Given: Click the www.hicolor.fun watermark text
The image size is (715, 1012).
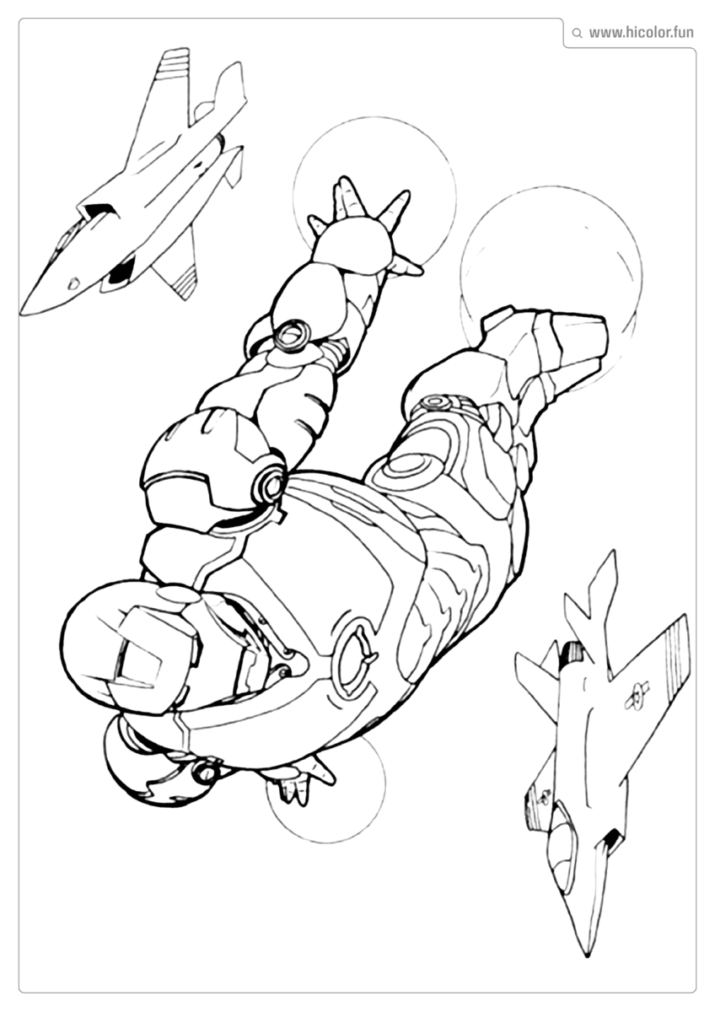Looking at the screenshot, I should tap(641, 33).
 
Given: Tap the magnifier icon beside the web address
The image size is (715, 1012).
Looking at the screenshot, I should tap(577, 34).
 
